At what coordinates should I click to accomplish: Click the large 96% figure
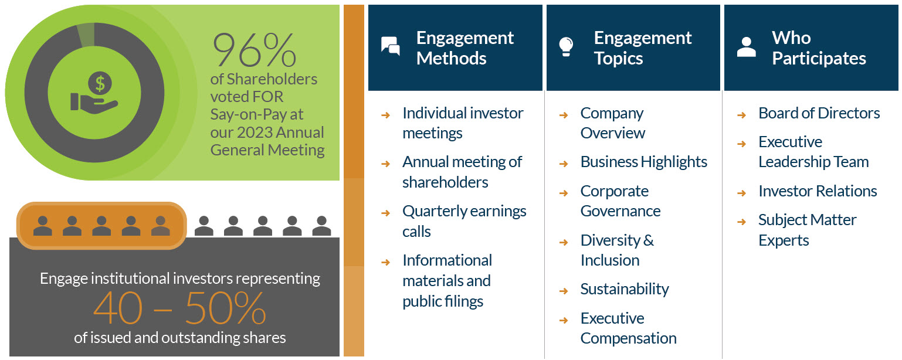click(x=254, y=50)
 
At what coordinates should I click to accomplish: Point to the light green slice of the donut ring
click(x=86, y=35)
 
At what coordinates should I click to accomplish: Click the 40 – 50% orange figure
click(x=179, y=309)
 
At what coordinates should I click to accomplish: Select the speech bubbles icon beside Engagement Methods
click(x=390, y=46)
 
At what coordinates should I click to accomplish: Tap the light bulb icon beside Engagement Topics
click(x=566, y=46)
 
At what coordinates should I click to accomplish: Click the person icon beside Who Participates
click(x=746, y=47)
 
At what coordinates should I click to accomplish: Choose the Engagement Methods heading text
click(x=464, y=48)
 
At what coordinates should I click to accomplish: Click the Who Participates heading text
click(x=819, y=48)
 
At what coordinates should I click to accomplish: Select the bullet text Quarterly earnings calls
click(x=464, y=221)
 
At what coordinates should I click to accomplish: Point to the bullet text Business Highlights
click(x=643, y=162)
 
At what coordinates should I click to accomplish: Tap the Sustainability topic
click(x=624, y=289)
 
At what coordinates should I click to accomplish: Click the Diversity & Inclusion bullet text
click(x=616, y=250)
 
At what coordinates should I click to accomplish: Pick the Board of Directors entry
click(x=819, y=113)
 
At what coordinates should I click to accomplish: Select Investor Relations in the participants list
click(x=817, y=191)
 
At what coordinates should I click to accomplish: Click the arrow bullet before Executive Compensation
click(x=564, y=320)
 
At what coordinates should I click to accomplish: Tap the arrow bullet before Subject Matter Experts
click(x=741, y=222)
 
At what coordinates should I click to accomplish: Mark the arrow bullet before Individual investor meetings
click(x=385, y=115)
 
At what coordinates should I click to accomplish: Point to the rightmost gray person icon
click(x=321, y=226)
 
